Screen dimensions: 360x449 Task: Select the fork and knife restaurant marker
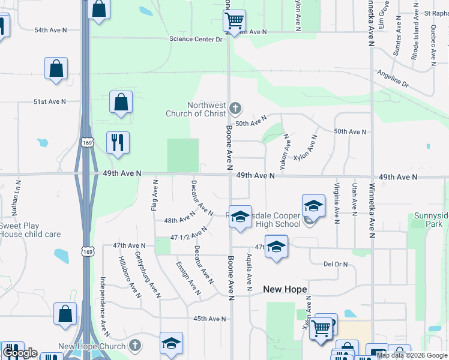pos(117,143)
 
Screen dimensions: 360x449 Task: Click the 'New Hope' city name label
pos(285,289)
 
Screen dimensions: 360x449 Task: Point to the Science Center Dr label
pos(195,39)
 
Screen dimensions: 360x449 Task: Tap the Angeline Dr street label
pos(393,79)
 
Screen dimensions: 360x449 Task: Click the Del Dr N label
pos(336,264)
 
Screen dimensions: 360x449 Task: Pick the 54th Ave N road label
pos(50,29)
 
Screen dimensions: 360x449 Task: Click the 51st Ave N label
pos(49,102)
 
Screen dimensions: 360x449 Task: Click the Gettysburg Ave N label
pos(147,274)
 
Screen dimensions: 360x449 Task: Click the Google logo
pos(20,353)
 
